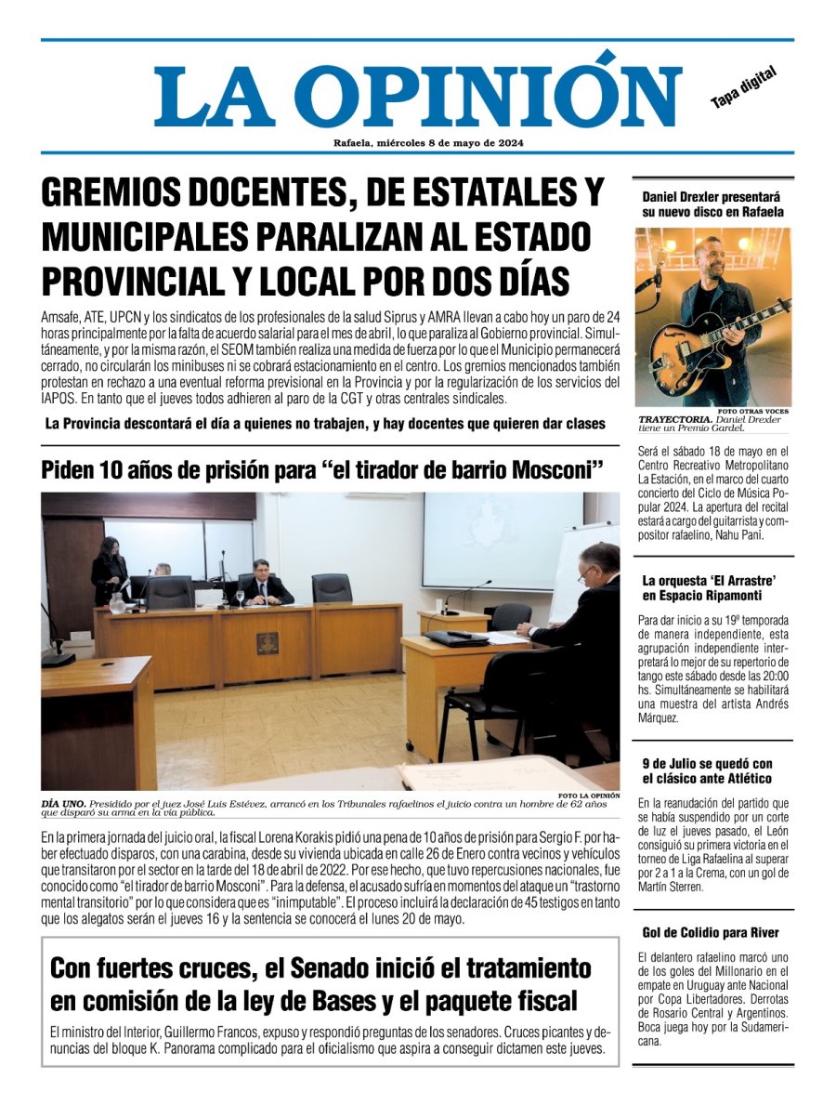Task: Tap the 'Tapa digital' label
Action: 743,87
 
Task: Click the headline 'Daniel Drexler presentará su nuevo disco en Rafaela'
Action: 712,204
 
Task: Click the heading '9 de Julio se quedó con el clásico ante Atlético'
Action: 707,770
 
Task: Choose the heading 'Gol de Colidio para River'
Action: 711,932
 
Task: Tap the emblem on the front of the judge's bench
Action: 267,643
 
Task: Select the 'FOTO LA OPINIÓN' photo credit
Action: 589,795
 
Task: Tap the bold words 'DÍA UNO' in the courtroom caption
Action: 62,802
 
